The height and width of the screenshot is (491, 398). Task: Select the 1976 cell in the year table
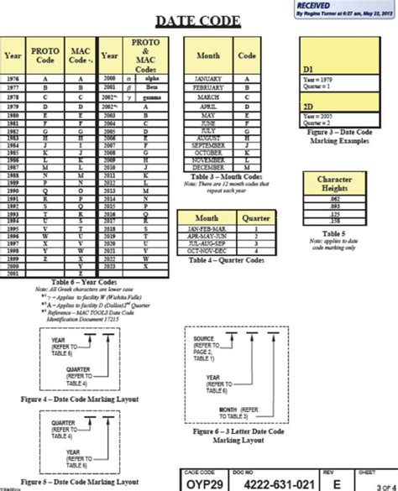pos(13,77)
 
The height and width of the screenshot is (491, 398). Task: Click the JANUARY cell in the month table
pos(207,77)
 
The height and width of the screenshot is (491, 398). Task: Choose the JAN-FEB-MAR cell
pos(207,228)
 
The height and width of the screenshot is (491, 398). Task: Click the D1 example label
pos(308,66)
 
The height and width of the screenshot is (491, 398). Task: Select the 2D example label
pos(308,107)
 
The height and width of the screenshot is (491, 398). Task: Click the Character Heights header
pos(333,185)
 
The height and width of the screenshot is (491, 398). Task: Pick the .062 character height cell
pos(333,201)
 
